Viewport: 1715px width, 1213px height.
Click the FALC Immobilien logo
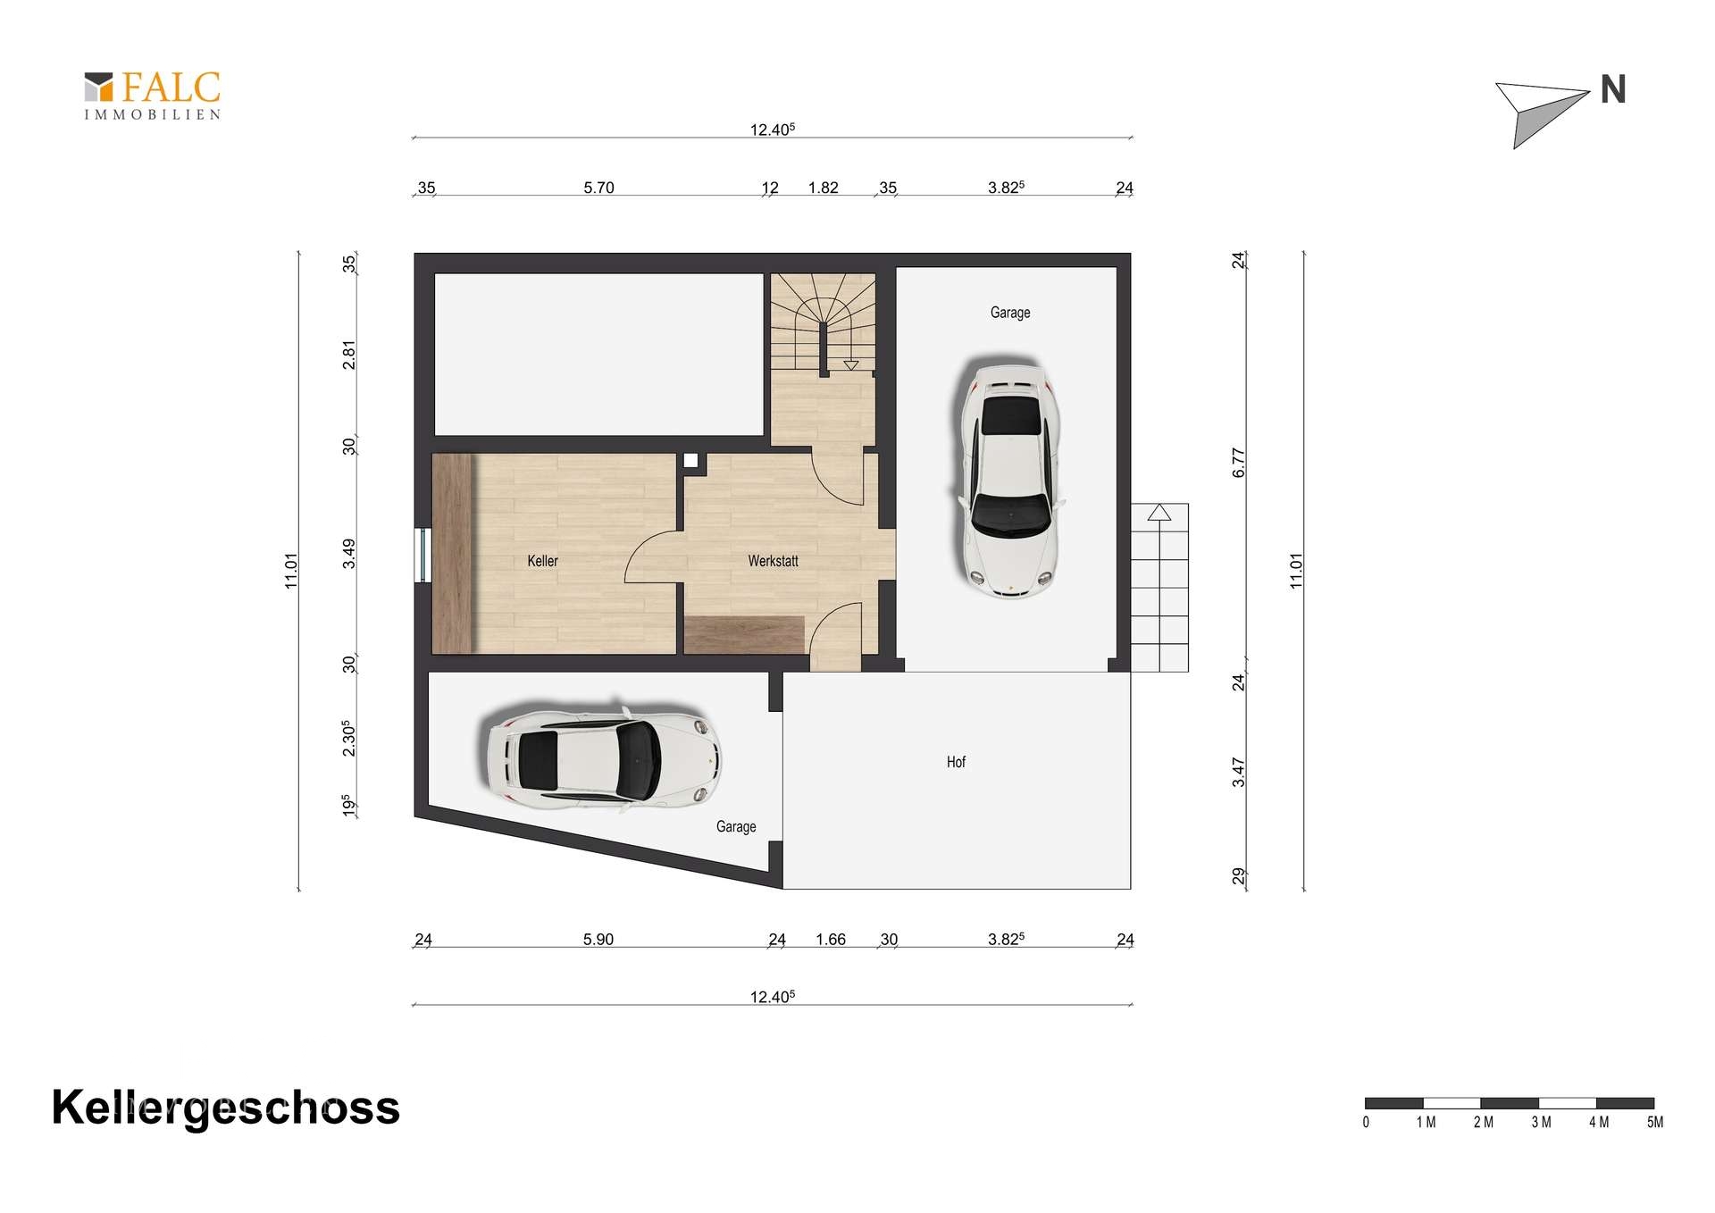coord(153,96)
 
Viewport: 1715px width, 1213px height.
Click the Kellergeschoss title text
coord(226,1108)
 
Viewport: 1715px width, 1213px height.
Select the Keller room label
coord(542,561)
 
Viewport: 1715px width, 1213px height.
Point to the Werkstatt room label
coord(773,561)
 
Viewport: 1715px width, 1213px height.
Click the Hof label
coord(956,762)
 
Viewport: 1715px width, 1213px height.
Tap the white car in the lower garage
coord(604,760)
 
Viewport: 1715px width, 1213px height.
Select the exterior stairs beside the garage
coord(1159,588)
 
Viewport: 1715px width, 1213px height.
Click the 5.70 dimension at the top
coord(598,188)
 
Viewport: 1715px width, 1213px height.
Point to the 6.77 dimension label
coord(1238,463)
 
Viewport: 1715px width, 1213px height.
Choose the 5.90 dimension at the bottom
coord(598,940)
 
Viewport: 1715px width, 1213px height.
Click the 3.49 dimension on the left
coord(349,554)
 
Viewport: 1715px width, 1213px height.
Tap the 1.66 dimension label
coord(831,940)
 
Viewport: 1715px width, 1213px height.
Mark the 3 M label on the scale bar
coord(1541,1123)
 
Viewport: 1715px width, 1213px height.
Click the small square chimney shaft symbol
coord(691,461)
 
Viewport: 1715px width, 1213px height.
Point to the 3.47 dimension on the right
coord(1238,773)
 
